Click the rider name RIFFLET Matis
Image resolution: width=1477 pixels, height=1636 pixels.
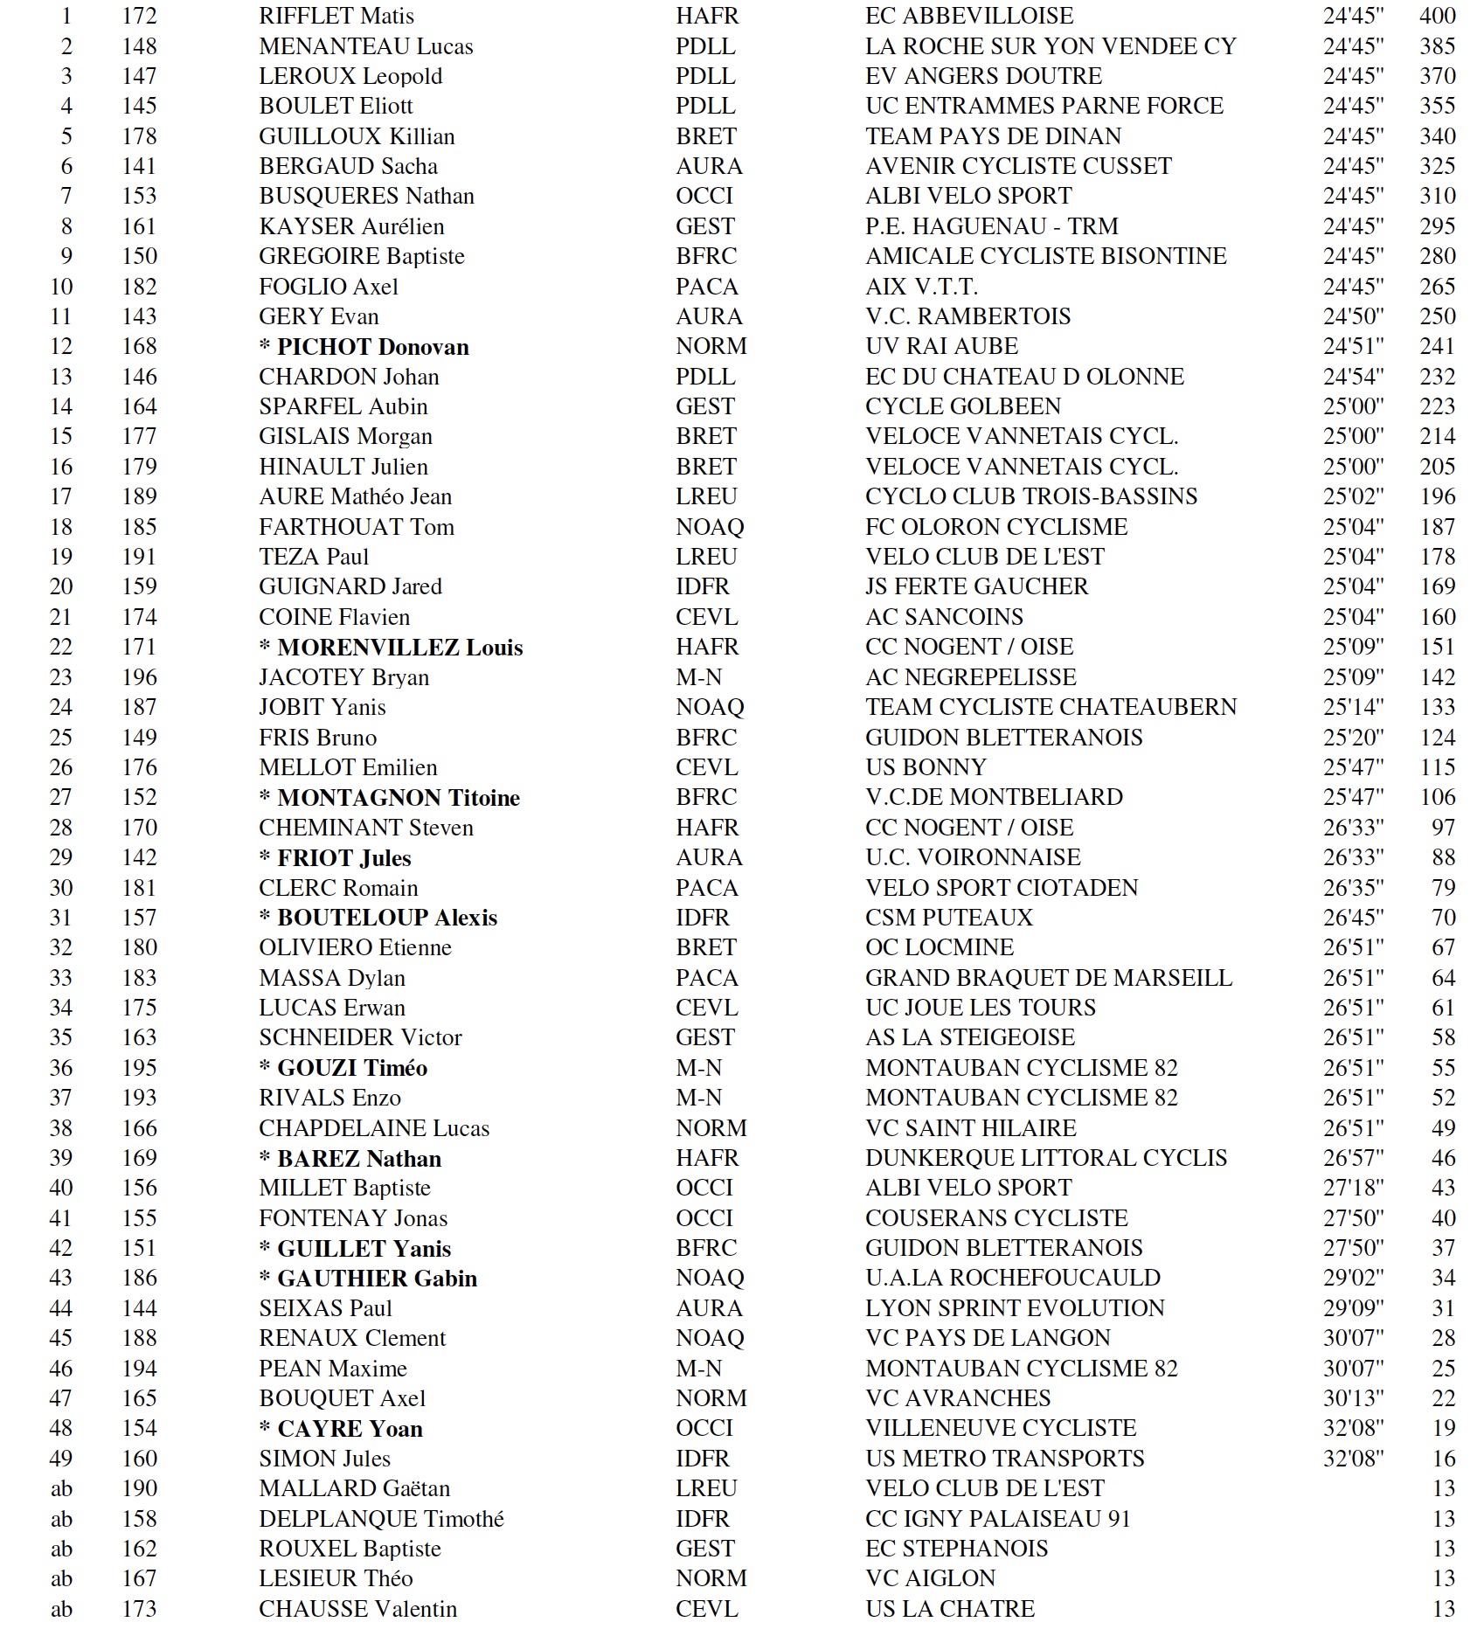point(336,16)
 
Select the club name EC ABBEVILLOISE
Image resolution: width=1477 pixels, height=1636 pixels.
point(969,16)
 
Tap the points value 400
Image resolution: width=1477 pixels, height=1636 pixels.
point(1437,16)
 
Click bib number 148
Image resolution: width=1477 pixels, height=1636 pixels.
point(139,46)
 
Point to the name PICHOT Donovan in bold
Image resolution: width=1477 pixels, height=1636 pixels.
point(372,347)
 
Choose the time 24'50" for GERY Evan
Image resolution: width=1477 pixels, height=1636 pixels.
point(1353,316)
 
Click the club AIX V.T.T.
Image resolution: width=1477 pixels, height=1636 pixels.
point(921,287)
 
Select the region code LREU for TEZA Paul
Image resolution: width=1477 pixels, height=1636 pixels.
point(706,557)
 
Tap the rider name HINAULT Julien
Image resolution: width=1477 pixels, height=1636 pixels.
point(343,467)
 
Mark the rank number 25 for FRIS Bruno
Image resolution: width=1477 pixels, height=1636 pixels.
point(61,738)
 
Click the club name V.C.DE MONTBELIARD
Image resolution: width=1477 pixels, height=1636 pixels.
point(994,797)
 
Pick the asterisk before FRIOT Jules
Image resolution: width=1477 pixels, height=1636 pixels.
point(265,858)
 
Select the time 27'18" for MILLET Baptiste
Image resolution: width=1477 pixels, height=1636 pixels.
point(1353,1188)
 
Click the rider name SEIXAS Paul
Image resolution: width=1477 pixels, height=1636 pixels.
point(325,1308)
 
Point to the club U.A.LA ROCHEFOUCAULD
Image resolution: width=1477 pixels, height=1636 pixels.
point(1013,1278)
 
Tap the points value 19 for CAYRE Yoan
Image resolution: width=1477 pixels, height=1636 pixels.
point(1443,1428)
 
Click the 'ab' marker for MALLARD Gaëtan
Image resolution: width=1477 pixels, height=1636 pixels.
point(61,1488)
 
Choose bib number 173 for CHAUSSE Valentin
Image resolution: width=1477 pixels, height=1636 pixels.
point(139,1609)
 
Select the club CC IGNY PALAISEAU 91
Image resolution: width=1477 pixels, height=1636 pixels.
point(997,1519)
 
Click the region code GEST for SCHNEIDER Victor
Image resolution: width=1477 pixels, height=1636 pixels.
point(704,1037)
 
